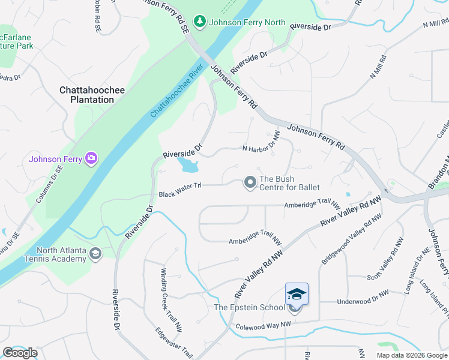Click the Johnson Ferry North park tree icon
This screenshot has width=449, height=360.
[x=199, y=23]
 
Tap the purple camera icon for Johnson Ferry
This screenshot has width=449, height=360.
[x=91, y=158]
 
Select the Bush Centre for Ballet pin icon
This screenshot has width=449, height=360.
[x=250, y=182]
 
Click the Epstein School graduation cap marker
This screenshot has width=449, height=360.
[x=297, y=294]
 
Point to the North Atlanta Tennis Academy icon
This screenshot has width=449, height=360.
[x=95, y=254]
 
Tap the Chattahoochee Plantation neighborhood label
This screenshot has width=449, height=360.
[x=92, y=95]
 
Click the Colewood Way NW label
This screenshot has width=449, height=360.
[x=263, y=326]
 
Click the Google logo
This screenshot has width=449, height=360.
[x=20, y=353]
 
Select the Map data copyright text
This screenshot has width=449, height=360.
[x=411, y=355]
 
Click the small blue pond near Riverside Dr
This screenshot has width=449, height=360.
[x=188, y=164]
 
